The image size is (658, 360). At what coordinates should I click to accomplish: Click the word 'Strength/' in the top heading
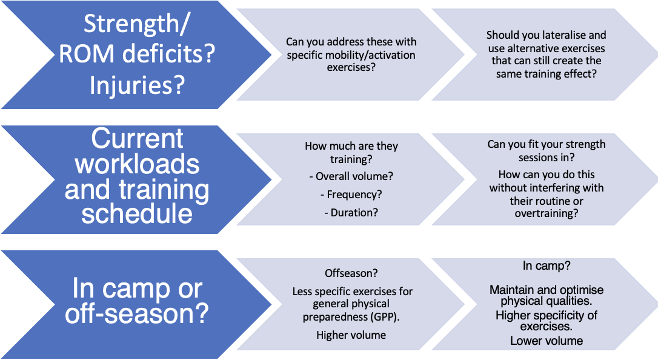coord(136,24)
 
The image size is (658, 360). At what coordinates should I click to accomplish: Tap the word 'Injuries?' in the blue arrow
coord(136,85)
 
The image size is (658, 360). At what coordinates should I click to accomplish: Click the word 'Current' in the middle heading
coord(137,139)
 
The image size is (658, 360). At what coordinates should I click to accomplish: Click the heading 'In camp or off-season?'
coord(137,301)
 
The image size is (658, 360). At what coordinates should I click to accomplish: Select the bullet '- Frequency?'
coord(351,195)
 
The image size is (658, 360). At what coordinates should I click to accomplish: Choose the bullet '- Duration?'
coord(351,213)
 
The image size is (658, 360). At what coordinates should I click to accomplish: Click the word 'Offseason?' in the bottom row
coord(351,273)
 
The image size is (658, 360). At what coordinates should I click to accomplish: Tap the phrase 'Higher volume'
coord(351,335)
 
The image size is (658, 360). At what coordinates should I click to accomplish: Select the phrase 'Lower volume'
coord(546,341)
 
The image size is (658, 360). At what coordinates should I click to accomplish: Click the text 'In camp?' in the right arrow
coord(546,266)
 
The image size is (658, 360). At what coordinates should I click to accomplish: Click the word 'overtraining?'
coord(546,213)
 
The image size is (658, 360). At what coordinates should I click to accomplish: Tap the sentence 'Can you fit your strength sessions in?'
coord(546,150)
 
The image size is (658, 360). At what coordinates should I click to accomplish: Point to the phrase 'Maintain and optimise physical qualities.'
coord(546,296)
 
